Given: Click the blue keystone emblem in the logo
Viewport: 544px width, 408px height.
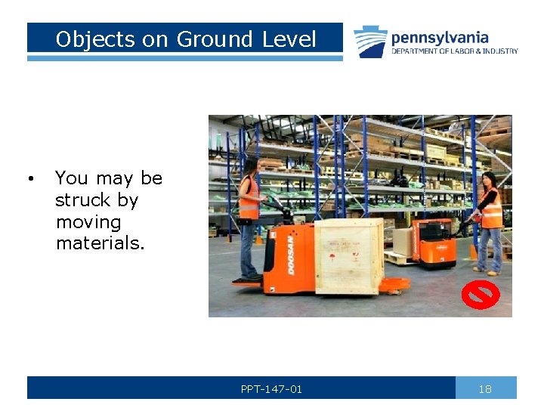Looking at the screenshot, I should tap(370, 41).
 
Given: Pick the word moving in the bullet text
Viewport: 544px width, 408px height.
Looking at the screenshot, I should tap(88, 222).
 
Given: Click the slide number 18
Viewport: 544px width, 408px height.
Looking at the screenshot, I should tap(485, 388).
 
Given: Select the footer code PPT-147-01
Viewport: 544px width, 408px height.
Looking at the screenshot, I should tap(271, 389).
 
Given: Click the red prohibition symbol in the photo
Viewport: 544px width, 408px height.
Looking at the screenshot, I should tap(480, 295).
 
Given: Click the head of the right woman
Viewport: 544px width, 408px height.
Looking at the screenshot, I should tap(489, 180).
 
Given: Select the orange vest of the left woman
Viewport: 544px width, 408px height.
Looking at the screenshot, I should tap(248, 199).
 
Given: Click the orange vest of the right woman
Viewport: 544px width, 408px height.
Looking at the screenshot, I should tap(492, 209).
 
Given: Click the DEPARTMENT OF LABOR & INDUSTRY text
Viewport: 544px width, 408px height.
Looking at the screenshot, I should tap(454, 51).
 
